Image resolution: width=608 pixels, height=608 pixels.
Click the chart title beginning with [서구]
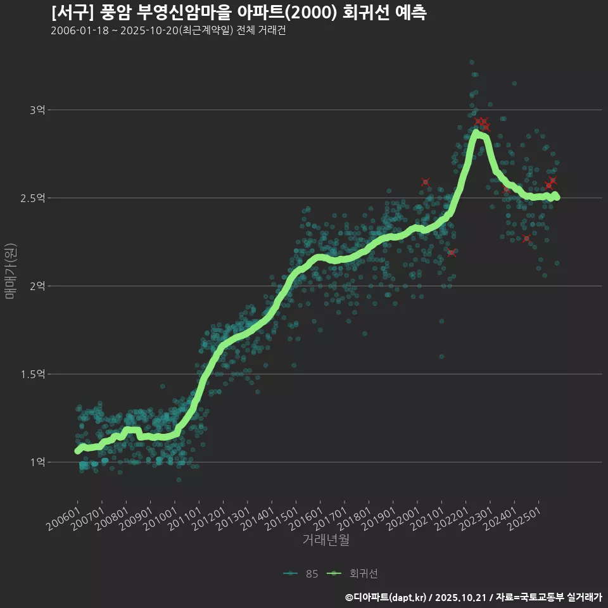[x=239, y=13]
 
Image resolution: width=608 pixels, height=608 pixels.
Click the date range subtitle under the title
[x=168, y=31]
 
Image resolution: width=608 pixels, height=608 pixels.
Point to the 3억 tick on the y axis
[x=37, y=110]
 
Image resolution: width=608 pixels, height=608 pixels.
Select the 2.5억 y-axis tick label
[x=33, y=198]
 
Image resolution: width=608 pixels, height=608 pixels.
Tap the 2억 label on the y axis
[x=37, y=286]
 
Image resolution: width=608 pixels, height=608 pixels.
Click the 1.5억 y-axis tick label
[x=33, y=374]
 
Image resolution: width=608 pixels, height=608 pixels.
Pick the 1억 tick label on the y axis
[x=37, y=462]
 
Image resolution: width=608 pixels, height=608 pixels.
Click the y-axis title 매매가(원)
[x=10, y=270]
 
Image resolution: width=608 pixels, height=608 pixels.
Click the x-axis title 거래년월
[x=326, y=540]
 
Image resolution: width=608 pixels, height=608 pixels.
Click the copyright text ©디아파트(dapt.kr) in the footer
[x=386, y=597]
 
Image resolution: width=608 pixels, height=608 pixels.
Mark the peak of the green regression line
[x=478, y=134]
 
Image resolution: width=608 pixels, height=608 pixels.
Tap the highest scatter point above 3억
[x=471, y=62]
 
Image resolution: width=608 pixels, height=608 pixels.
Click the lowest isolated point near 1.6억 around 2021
[x=441, y=357]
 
